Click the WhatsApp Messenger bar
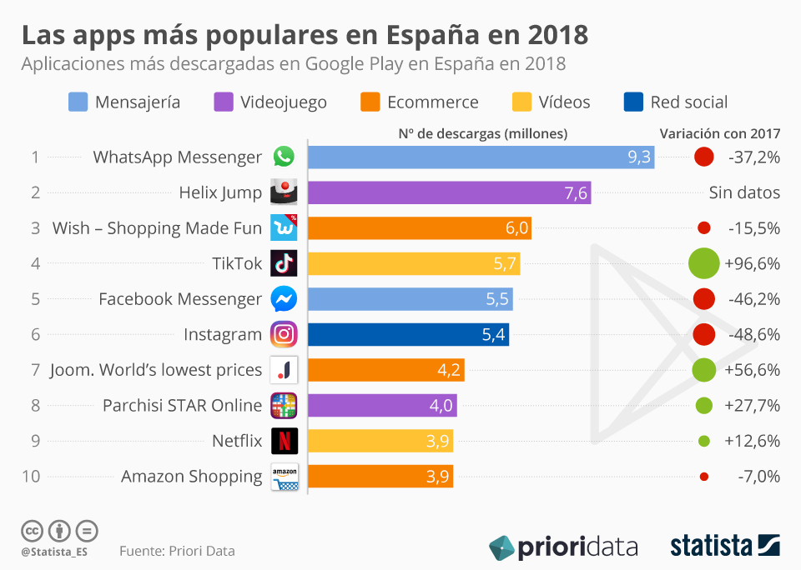point(481,157)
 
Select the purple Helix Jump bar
point(449,192)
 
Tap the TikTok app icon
point(284,263)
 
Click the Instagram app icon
point(284,334)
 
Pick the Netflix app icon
point(284,441)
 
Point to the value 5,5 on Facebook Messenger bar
point(496,299)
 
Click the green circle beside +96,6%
point(704,263)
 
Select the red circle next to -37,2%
point(704,157)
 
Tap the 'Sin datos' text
point(744,192)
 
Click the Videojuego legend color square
point(224,102)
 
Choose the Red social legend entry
point(677,102)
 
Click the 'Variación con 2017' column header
point(720,133)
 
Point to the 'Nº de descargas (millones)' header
point(482,133)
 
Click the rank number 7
point(35,370)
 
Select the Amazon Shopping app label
point(191,477)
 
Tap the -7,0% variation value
point(758,477)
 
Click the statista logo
point(725,546)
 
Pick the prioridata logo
point(563,547)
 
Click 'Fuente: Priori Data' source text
point(177,551)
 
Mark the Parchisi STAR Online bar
point(382,406)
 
